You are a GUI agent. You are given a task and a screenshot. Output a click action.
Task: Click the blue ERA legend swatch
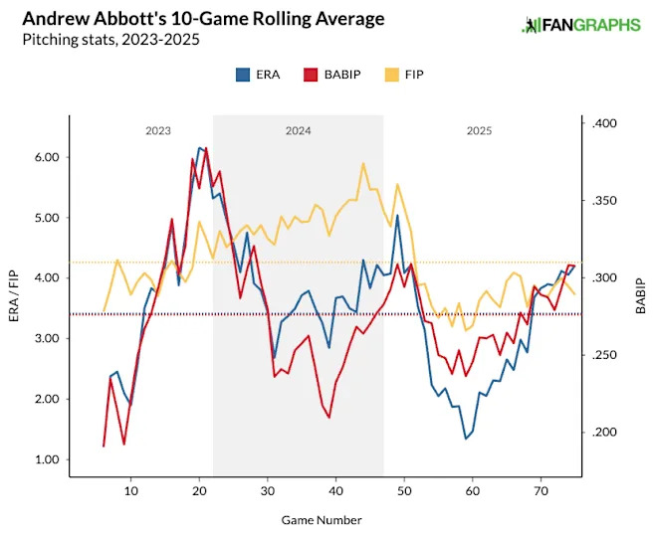click(x=243, y=74)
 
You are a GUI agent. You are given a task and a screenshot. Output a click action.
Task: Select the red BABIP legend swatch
click(x=310, y=74)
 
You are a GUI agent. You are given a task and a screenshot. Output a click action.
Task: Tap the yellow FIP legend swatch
click(x=393, y=74)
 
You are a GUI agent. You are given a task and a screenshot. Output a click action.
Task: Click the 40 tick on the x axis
click(x=335, y=492)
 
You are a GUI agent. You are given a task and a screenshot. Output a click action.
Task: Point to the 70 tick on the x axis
click(x=541, y=492)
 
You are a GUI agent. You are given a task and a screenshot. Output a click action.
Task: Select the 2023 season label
click(x=157, y=130)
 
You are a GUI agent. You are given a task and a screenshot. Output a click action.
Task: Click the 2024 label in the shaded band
click(x=299, y=130)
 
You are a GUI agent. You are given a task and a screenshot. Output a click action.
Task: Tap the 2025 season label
click(x=479, y=130)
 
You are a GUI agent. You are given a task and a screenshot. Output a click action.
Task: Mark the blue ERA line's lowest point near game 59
click(x=465, y=439)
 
